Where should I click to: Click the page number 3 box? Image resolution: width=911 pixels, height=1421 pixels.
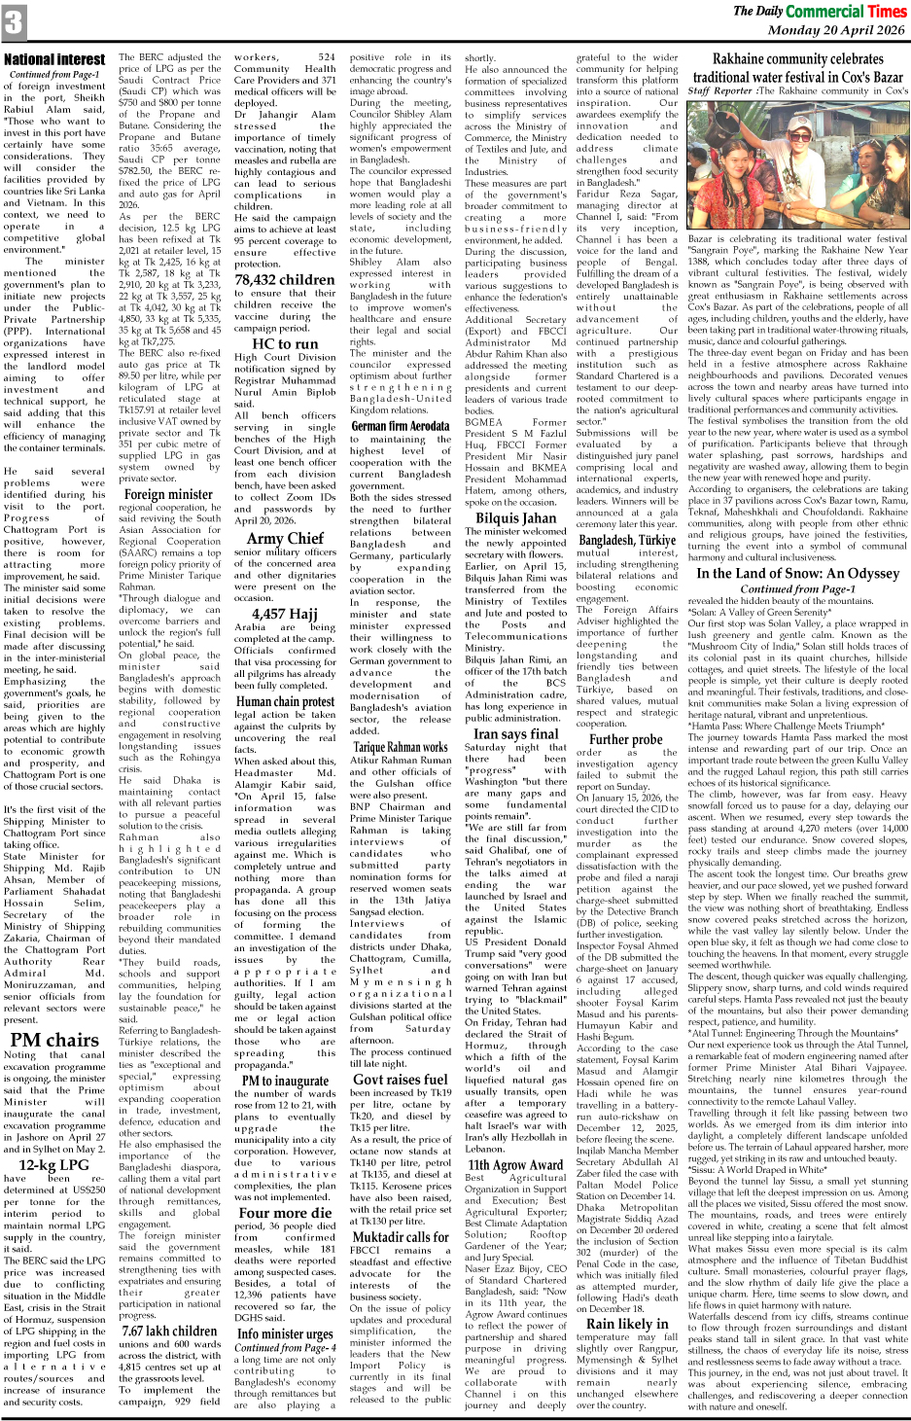14,21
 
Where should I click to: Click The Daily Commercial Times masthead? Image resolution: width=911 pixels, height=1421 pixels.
820,11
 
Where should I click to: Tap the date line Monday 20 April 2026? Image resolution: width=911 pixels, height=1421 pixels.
835,30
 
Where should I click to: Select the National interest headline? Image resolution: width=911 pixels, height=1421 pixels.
54,59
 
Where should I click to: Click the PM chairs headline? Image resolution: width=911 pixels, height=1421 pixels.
53,1039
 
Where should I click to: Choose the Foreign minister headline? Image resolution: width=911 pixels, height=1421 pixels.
168,494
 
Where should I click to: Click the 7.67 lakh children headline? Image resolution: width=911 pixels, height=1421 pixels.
169,1331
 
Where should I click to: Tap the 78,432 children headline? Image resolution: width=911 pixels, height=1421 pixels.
284,279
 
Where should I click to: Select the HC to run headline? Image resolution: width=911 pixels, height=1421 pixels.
284,343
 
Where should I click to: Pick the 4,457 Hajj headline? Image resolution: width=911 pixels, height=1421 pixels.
284,613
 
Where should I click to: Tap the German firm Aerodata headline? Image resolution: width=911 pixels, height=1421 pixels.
400,425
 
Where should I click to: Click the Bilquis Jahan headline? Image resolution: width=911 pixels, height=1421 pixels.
515,517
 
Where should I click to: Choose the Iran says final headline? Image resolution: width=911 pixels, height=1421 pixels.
515,733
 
